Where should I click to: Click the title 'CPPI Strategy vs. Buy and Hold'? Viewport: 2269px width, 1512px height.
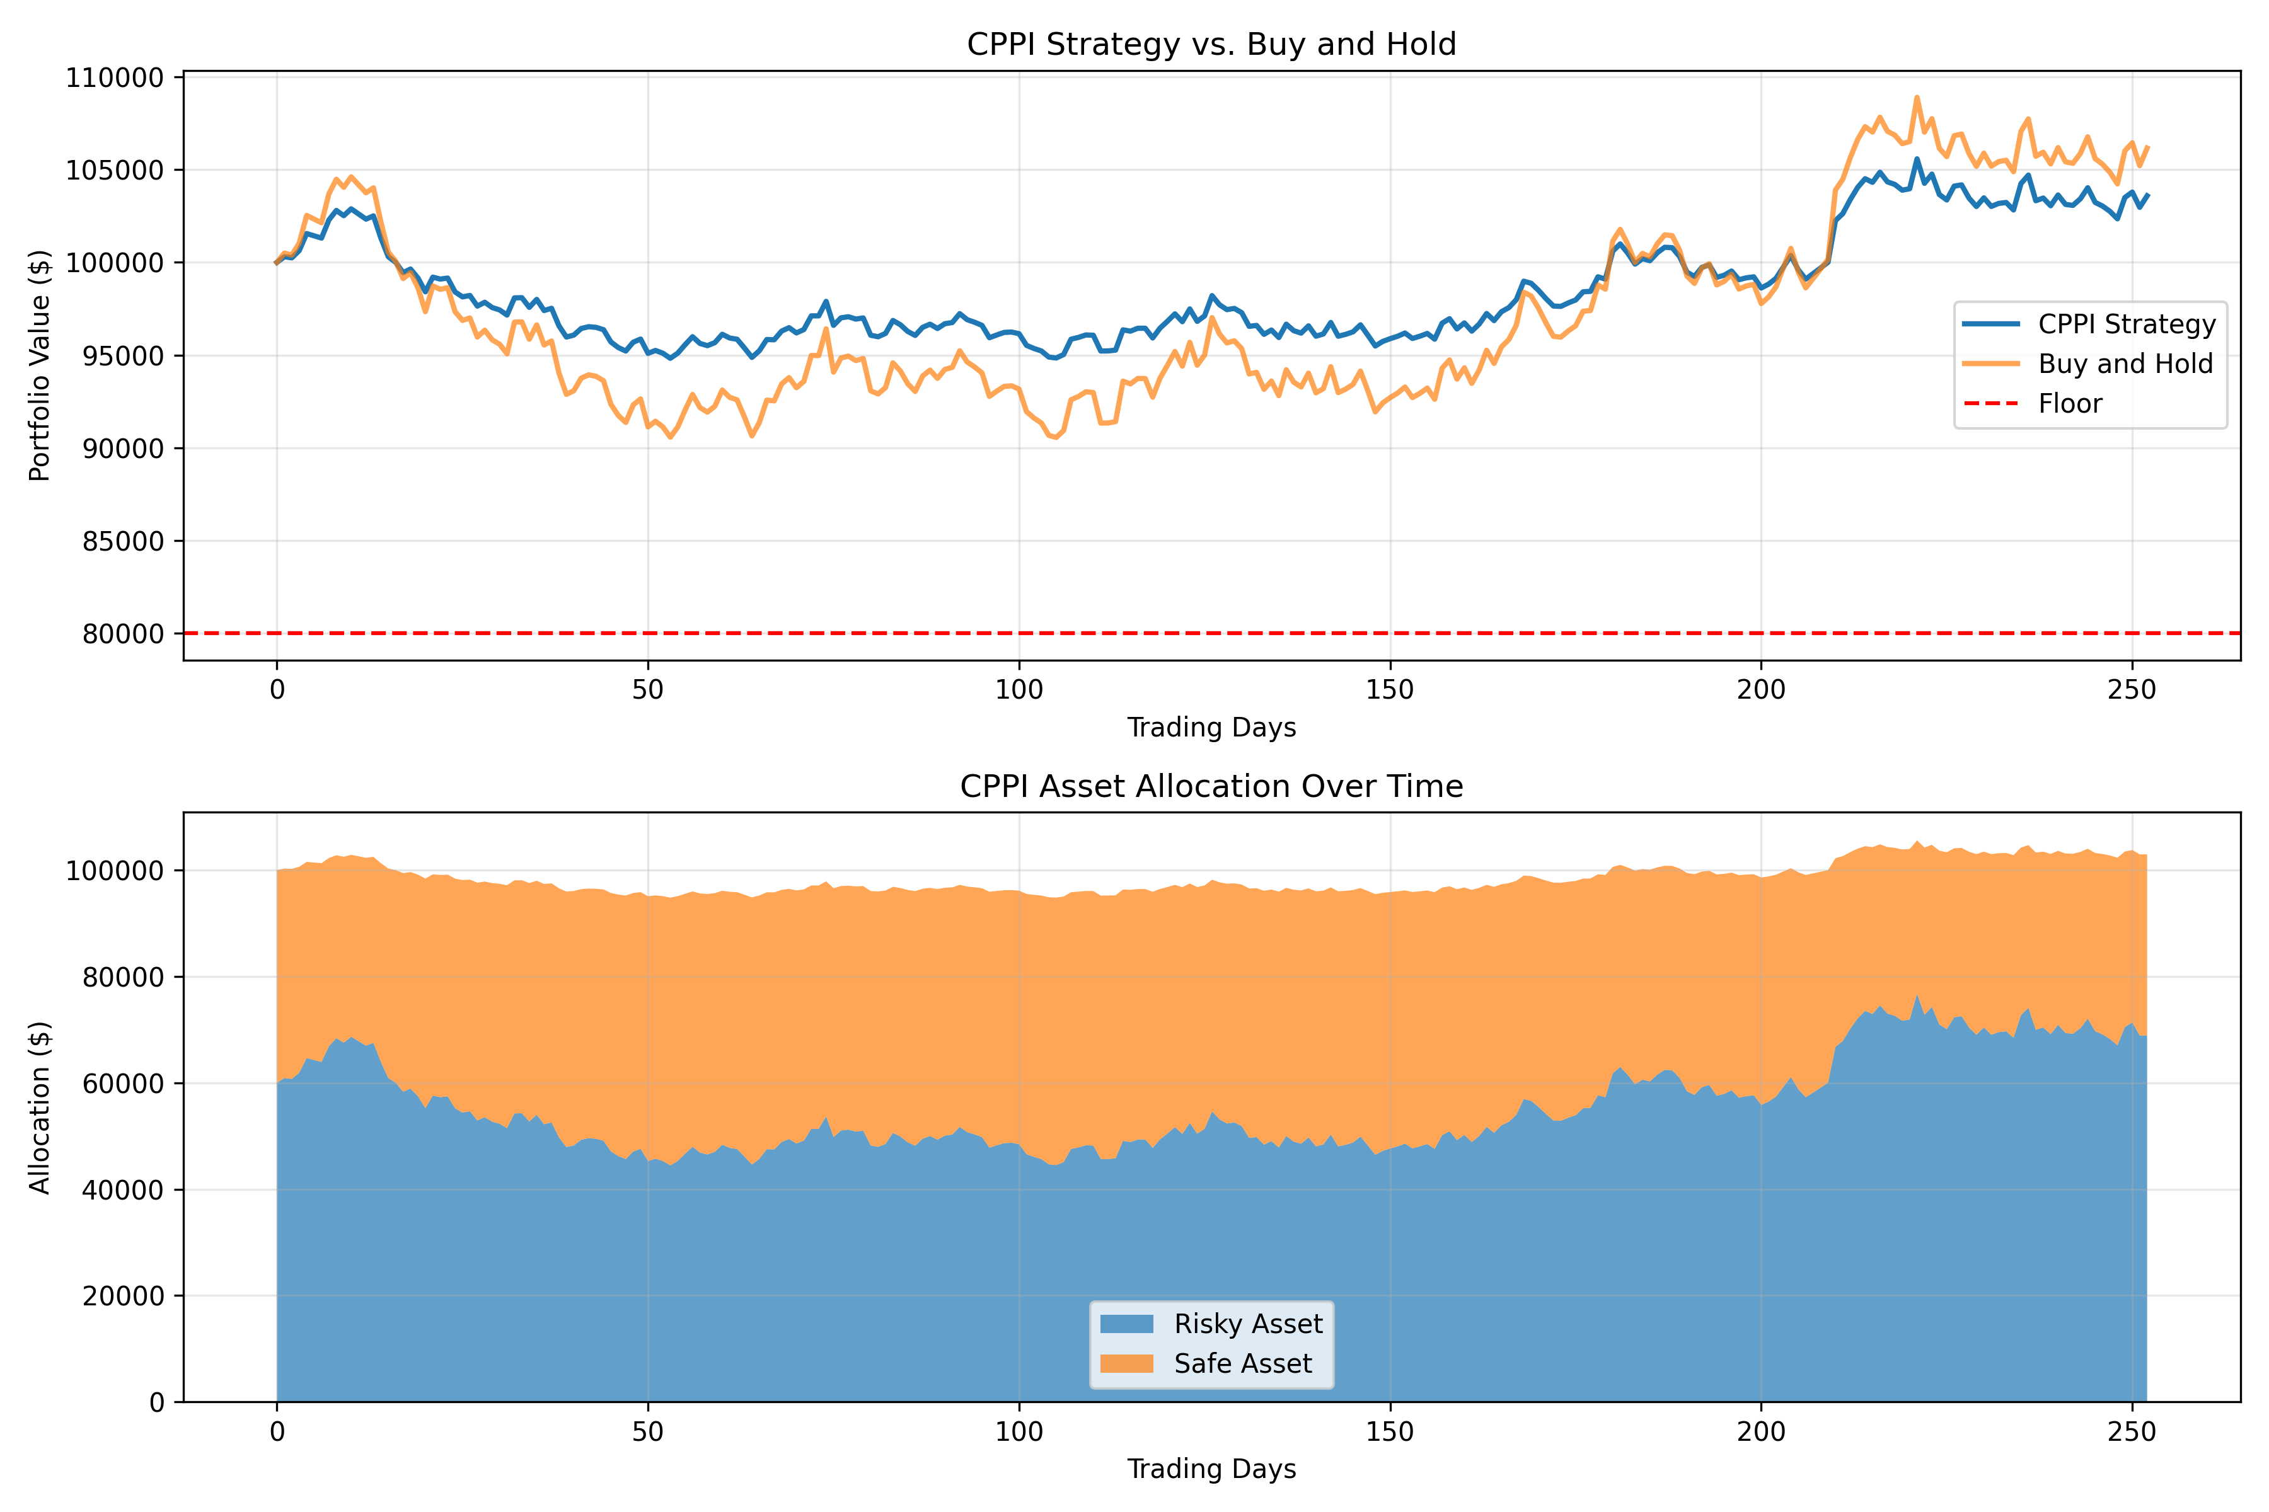tap(1211, 44)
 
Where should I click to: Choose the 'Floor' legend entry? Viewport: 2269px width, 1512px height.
tap(2069, 403)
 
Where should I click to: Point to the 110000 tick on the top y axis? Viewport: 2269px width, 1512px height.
tap(114, 77)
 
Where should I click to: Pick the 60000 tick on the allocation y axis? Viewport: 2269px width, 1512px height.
tap(114, 1083)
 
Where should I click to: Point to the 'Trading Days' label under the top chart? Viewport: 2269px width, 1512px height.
tap(1211, 727)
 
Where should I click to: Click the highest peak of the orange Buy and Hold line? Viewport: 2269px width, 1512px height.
tap(1917, 96)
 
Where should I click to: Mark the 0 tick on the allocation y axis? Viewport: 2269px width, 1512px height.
tap(156, 1402)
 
